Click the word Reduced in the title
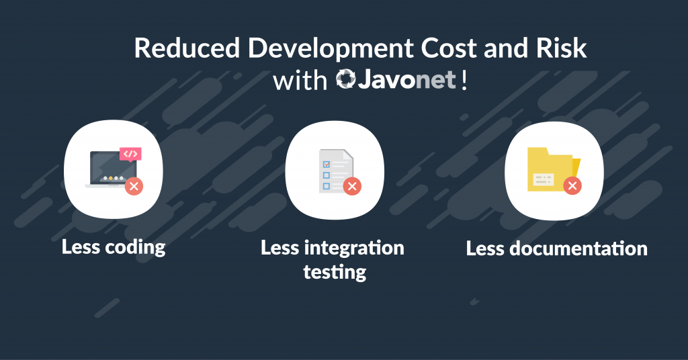tap(187, 48)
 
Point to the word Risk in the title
tap(561, 48)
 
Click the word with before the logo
tap(300, 81)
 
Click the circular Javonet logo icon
tap(346, 79)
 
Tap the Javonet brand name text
tap(407, 79)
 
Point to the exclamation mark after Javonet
tap(464, 80)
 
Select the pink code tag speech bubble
tap(130, 154)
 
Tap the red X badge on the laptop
tap(134, 186)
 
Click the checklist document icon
tap(336, 171)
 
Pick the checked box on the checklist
tap(326, 164)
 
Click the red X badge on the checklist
tap(352, 186)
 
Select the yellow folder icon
tap(554, 169)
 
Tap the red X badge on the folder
tap(572, 186)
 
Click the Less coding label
tap(113, 247)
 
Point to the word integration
tap(354, 249)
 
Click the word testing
tap(335, 272)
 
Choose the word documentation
tap(578, 249)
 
